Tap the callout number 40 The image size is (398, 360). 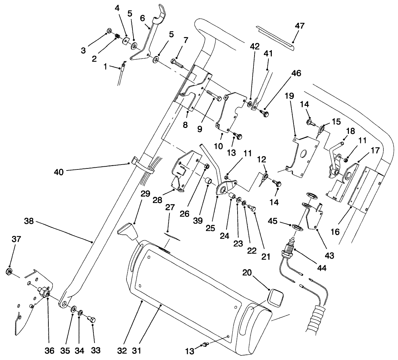pos(59,172)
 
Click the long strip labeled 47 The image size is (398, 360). pos(275,36)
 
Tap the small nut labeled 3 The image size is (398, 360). pos(108,31)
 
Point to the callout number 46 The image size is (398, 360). pos(296,73)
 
